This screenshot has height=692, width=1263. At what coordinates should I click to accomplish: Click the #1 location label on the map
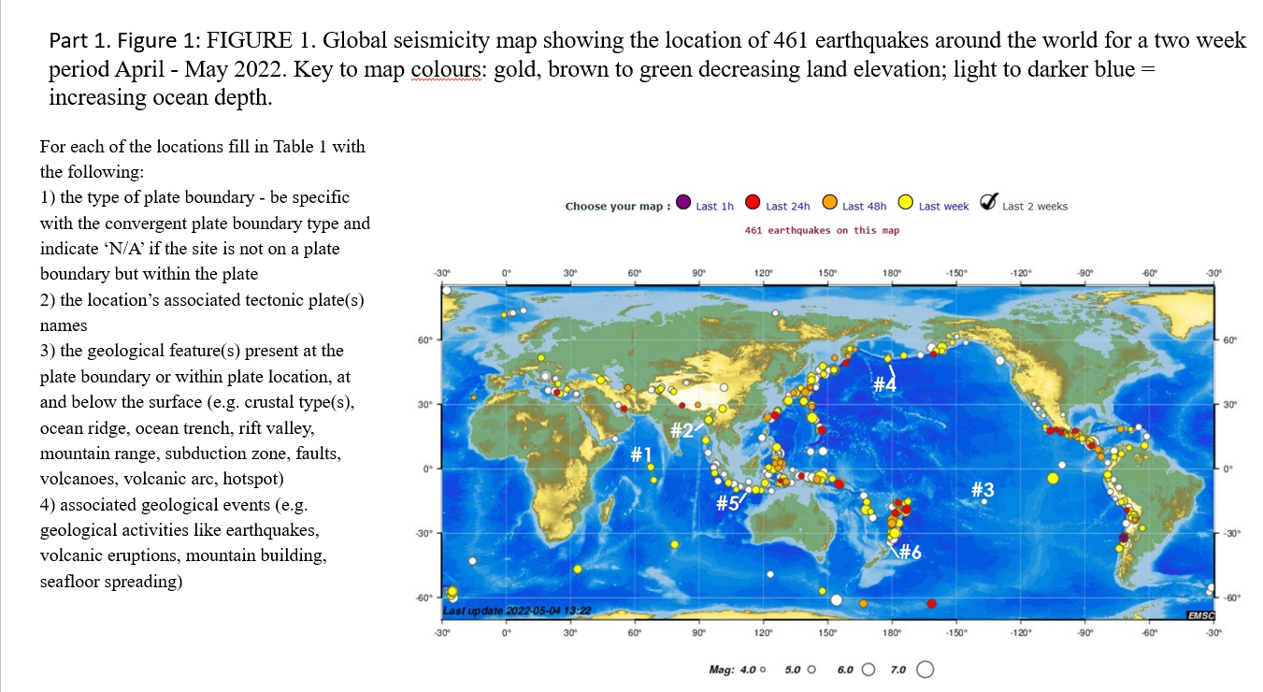(640, 454)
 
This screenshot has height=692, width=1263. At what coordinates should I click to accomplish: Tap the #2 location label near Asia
(682, 430)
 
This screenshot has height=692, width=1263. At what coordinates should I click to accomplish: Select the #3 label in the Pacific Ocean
(983, 489)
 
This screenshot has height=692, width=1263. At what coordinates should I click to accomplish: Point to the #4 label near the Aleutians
(884, 384)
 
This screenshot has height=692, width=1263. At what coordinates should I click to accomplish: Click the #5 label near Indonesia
(726, 503)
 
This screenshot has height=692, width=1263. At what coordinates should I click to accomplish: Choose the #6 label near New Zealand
(911, 553)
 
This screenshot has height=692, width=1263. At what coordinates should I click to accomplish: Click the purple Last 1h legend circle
(682, 203)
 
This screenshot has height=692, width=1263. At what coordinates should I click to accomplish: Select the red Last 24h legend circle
(752, 203)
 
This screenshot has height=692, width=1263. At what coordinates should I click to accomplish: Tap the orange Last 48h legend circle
(828, 203)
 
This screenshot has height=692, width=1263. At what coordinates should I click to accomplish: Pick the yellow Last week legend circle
(905, 203)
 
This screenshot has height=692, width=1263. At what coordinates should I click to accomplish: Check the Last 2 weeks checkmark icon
(987, 203)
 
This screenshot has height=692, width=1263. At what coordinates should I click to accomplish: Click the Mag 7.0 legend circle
(926, 670)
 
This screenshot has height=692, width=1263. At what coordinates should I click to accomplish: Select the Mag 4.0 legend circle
(764, 670)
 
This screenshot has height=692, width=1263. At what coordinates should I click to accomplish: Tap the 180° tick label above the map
(891, 273)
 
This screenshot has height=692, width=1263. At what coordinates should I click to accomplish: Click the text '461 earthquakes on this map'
(821, 230)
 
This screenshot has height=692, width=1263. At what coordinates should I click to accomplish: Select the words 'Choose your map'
(615, 207)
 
